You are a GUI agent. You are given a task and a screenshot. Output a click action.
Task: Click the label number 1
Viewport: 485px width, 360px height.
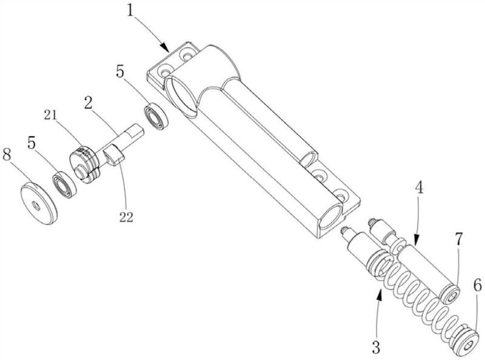(131, 12)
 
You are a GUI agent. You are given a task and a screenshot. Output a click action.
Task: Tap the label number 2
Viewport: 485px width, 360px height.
(89, 103)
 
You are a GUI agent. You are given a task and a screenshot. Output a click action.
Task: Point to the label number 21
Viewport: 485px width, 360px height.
(50, 115)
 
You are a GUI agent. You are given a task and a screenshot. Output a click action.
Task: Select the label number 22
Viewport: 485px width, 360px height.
(126, 218)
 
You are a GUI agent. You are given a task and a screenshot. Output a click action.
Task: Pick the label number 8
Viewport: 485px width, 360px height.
(7, 155)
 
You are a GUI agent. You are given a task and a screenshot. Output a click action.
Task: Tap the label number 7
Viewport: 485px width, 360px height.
(458, 239)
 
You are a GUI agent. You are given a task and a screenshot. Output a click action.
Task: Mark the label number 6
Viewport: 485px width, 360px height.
(477, 287)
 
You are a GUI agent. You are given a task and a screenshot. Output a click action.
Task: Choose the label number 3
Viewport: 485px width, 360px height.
(376, 347)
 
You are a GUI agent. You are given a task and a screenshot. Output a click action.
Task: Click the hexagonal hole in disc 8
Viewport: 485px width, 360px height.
(36, 205)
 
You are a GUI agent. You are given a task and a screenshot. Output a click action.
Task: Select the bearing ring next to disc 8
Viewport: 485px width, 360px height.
(64, 184)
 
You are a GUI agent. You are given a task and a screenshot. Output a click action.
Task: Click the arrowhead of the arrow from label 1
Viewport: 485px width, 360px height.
(165, 48)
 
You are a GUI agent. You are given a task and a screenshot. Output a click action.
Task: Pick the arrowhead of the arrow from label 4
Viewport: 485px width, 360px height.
(416, 241)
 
